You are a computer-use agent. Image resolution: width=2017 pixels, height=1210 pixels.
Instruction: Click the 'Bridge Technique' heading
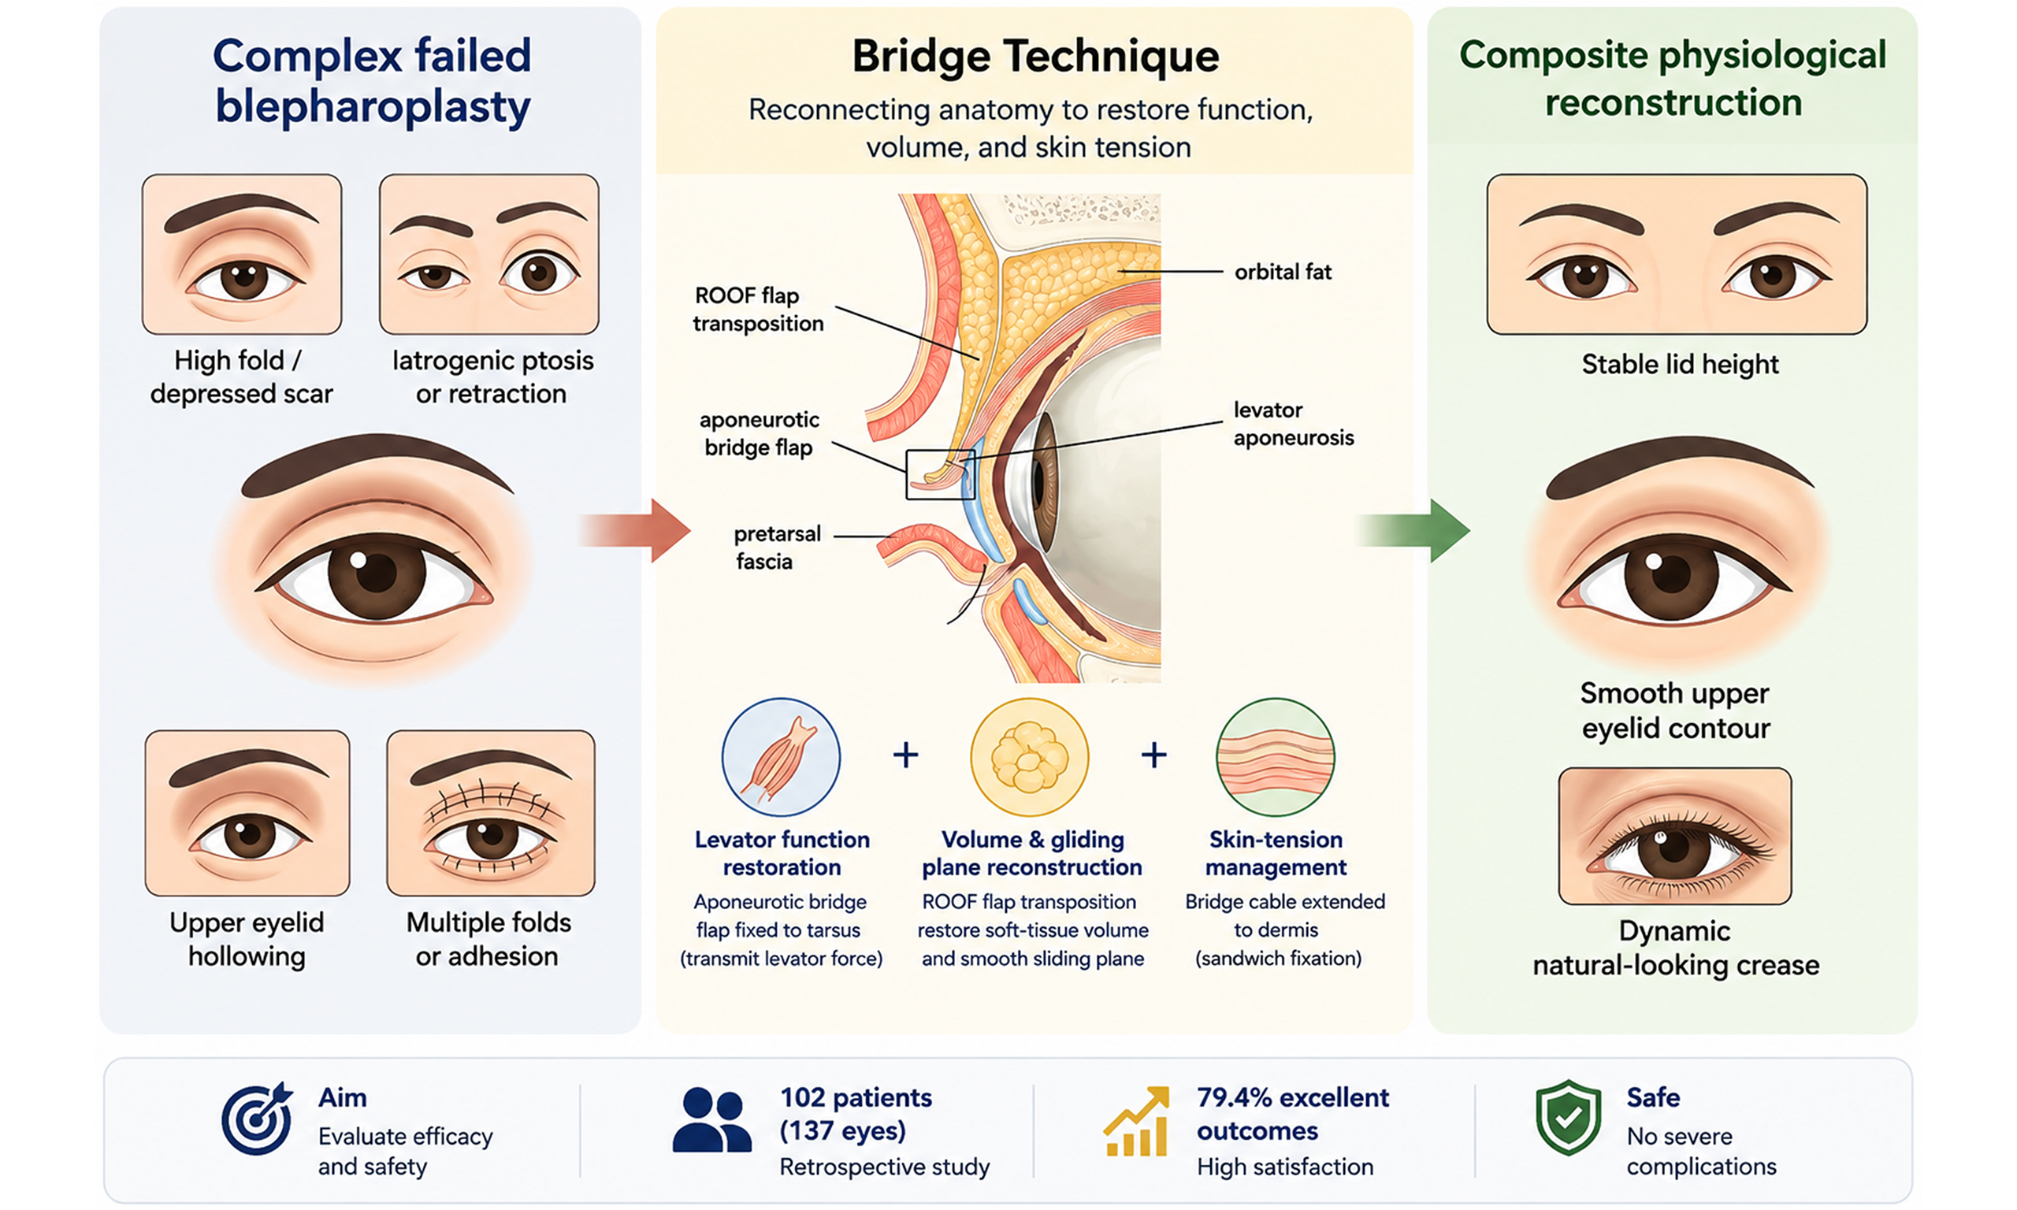point(1035,57)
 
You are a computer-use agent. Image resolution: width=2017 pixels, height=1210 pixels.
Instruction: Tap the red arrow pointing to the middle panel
point(634,531)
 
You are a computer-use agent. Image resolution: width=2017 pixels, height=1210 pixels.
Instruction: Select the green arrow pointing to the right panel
point(1413,531)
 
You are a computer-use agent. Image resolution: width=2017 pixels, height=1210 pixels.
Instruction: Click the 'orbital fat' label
point(1283,272)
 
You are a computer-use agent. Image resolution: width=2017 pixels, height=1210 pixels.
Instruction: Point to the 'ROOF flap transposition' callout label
point(758,309)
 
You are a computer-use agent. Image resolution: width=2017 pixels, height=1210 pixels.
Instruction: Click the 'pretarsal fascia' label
point(776,547)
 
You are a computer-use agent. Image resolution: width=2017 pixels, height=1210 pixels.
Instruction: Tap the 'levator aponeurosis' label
point(1293,423)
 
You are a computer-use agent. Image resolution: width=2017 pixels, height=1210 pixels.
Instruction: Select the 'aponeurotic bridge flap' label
point(759,433)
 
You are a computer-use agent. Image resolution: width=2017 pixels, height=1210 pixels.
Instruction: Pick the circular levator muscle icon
point(780,757)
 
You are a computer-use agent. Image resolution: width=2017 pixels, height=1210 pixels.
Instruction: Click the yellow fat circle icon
point(1029,757)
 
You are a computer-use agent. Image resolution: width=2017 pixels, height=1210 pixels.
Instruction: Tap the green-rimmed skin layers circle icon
point(1275,757)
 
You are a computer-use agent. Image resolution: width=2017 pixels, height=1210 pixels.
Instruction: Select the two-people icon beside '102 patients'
point(711,1120)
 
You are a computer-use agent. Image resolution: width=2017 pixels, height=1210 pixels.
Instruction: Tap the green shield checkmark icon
point(1568,1118)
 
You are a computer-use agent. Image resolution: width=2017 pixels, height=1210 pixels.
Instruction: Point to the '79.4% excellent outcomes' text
point(1292,1114)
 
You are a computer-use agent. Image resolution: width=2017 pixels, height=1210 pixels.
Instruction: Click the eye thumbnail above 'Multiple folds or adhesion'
point(491,813)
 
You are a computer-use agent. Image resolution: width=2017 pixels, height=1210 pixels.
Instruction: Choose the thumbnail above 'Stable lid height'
point(1677,254)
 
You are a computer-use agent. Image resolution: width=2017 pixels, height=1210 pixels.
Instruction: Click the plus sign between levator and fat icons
point(905,755)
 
